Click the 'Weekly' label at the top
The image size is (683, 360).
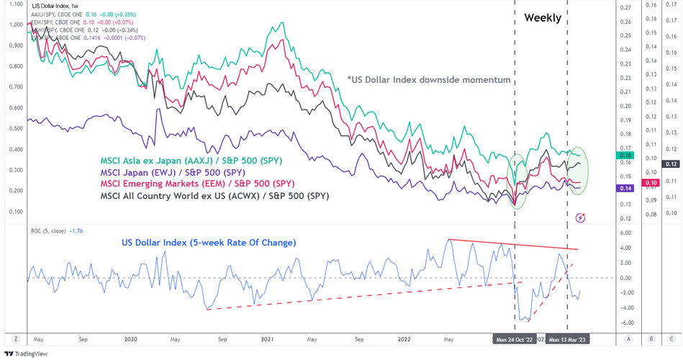pyautogui.click(x=542, y=18)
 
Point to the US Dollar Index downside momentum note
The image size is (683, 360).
pyautogui.click(x=428, y=80)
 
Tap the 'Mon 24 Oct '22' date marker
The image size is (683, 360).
pyautogui.click(x=515, y=338)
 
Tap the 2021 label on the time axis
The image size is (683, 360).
pyautogui.click(x=267, y=338)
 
